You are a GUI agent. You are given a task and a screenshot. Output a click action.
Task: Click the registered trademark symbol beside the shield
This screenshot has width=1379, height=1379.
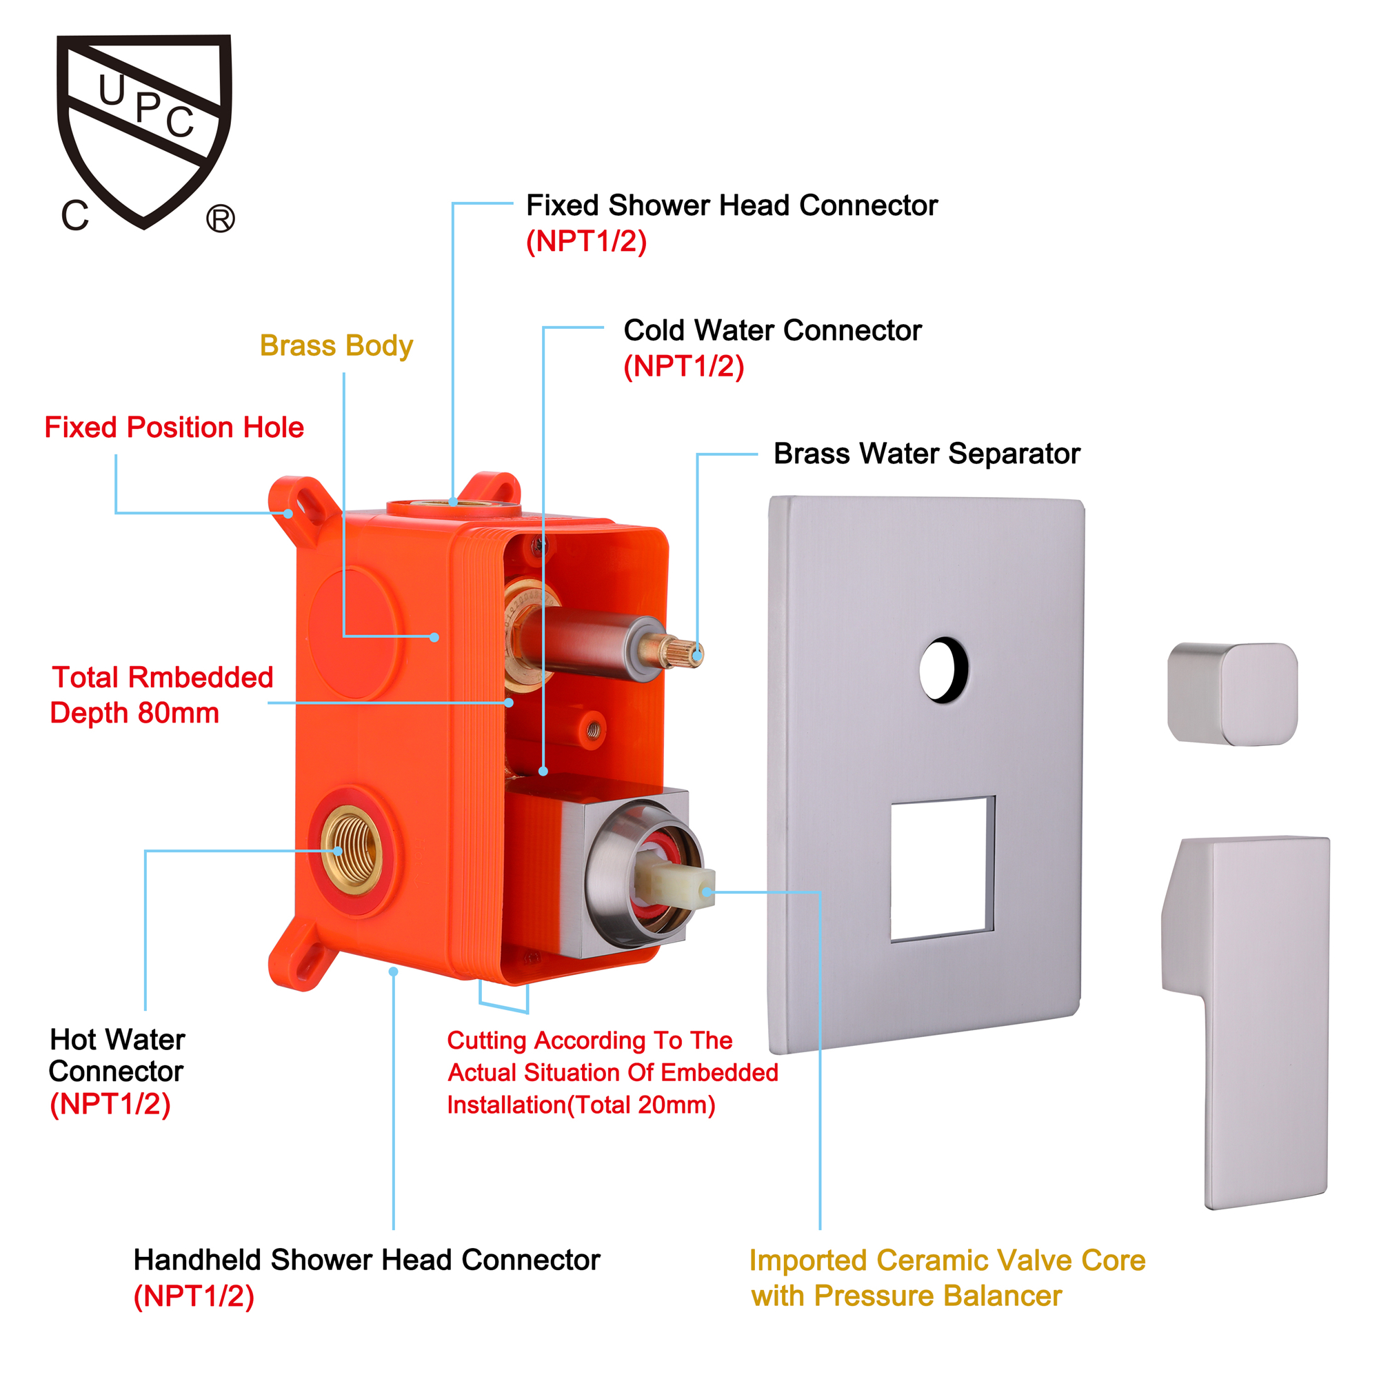221,219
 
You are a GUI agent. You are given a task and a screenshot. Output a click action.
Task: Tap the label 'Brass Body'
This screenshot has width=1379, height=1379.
336,346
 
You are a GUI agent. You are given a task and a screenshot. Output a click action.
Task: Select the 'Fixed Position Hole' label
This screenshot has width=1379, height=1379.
174,427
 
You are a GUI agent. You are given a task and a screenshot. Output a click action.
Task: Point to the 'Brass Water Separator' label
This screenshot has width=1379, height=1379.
927,454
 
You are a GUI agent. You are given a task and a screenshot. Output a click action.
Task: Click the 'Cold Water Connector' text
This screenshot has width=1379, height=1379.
772,330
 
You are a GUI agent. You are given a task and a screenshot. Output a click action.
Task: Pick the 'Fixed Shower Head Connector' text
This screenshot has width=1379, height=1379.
732,205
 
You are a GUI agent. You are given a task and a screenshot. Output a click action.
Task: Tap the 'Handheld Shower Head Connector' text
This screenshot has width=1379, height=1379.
367,1260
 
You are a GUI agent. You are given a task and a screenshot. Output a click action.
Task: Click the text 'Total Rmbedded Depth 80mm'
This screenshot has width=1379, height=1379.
162,695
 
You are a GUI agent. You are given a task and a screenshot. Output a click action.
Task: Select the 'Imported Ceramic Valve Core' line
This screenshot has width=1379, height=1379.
947,1260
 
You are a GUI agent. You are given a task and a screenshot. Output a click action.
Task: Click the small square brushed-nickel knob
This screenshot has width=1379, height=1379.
1232,694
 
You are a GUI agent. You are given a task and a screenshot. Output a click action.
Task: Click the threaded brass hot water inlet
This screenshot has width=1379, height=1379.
350,850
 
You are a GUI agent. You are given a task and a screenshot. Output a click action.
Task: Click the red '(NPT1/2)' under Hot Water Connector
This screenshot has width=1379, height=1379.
110,1104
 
